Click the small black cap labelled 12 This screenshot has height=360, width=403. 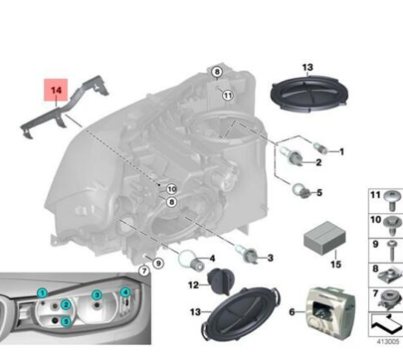(219, 283)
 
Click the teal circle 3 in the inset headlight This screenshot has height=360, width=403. (97, 295)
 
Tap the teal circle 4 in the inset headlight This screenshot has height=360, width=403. (124, 293)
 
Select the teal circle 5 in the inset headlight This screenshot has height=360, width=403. (66, 321)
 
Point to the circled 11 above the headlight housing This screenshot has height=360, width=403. (227, 95)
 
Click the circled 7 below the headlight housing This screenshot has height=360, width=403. (143, 270)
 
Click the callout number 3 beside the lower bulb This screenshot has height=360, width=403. (269, 258)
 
